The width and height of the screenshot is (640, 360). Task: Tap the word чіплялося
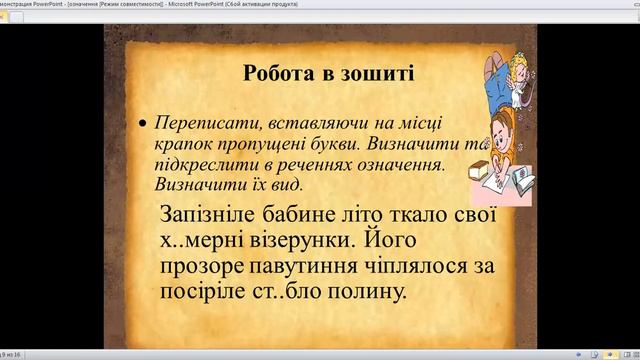click(406, 268)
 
